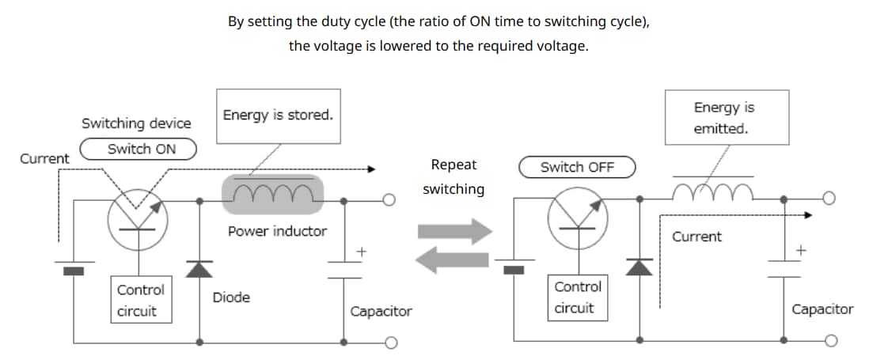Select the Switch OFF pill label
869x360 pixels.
tap(578, 167)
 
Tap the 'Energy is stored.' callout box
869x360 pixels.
tap(278, 116)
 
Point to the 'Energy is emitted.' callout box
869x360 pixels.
tap(726, 119)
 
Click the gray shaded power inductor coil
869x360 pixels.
tap(273, 193)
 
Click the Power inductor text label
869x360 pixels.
tap(277, 231)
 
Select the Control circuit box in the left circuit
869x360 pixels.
tap(141, 301)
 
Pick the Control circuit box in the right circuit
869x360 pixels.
tap(578, 297)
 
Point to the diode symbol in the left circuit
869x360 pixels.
tap(199, 268)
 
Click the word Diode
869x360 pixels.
tap(231, 297)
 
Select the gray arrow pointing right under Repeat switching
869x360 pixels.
tap(454, 232)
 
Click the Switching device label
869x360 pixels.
tap(136, 123)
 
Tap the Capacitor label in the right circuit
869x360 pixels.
tap(822, 309)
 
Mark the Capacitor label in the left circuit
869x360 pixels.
tap(381, 311)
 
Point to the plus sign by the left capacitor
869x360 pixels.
tap(361, 251)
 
